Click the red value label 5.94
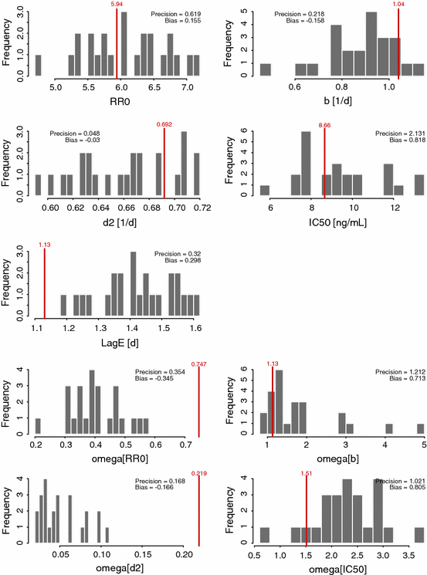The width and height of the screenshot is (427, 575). coord(117,4)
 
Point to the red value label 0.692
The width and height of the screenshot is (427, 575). coord(164,124)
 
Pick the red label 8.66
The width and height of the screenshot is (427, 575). coord(324,124)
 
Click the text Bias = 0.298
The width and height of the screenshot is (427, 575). coord(178,261)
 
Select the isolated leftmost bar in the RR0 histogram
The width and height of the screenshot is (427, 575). coord(39,66)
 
